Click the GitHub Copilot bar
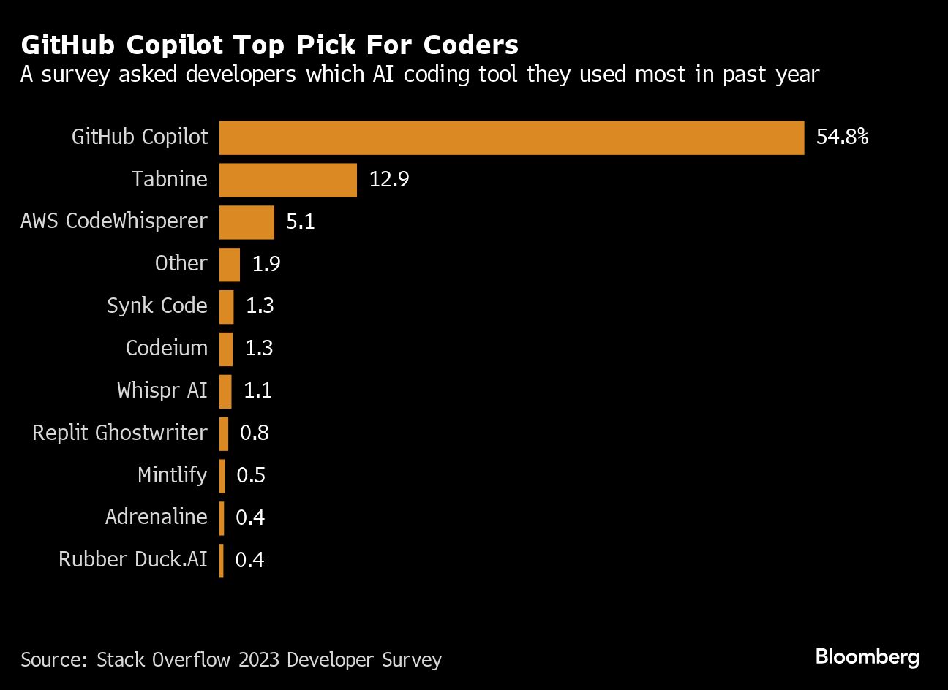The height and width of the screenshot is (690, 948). tap(511, 137)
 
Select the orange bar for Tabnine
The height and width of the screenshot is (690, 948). tap(288, 180)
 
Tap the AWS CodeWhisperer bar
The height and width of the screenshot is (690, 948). tap(247, 222)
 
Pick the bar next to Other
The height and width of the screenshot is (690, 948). tap(230, 265)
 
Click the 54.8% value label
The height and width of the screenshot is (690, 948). tap(842, 137)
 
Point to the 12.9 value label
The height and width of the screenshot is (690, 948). tap(388, 180)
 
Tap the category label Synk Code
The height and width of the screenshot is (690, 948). tap(157, 306)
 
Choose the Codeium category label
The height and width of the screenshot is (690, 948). tap(167, 349)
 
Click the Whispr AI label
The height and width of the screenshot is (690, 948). tap(162, 390)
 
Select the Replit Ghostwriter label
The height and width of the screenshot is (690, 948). tap(120, 433)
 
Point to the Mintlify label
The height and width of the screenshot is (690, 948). tap(173, 475)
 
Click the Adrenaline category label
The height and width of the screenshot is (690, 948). tap(157, 517)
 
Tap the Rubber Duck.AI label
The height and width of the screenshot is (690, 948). tap(133, 560)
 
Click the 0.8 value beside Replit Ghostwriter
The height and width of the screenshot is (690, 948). tap(255, 433)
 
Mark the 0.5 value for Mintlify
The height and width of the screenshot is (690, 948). tap(251, 476)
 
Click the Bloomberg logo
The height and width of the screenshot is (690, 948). tap(867, 656)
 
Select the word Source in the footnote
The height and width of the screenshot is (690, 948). tap(52, 660)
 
